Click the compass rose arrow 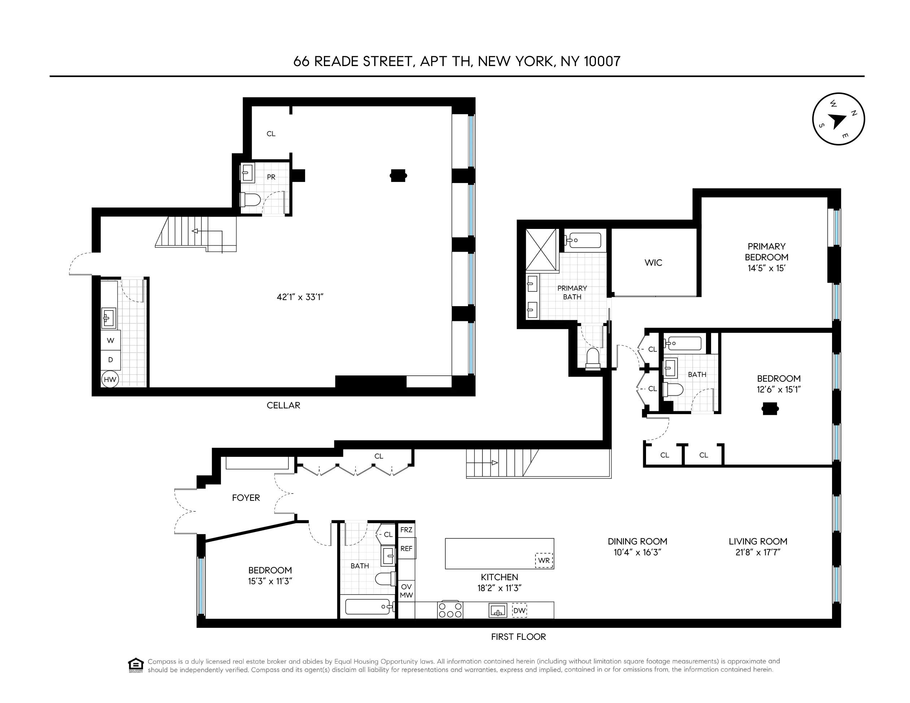837,121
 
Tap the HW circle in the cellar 110,379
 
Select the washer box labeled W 110,340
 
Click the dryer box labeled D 110,360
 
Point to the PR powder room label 271,177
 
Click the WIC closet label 653,262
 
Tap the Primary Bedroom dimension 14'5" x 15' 766,268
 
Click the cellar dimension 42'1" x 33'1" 300,297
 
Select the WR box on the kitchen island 544,560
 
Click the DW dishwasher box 519,611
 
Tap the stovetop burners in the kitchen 450,611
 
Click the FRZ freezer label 406,530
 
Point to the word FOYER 246,498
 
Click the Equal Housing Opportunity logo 136,665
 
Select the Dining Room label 637,541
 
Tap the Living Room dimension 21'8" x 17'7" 758,552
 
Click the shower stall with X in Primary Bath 541,250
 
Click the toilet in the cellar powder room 250,200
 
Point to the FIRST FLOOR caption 518,637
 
